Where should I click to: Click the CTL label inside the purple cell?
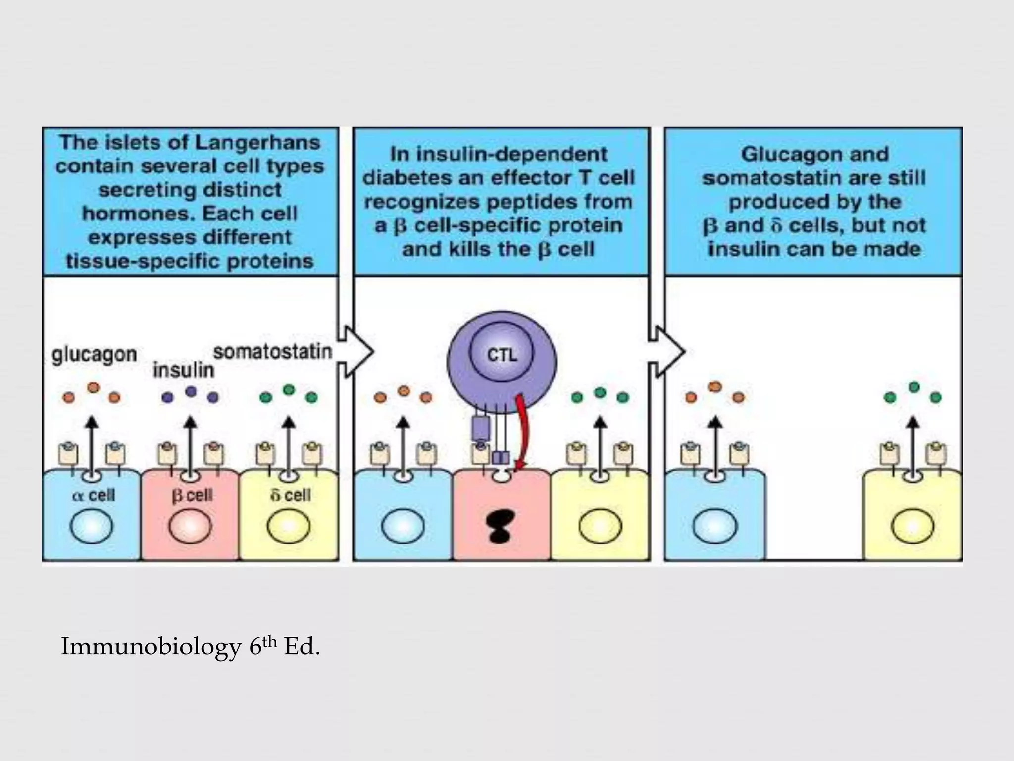502,355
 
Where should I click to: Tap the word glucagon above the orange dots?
94,355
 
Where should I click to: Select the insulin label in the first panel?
183,370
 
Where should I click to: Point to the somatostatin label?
272,352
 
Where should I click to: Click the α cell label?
94,495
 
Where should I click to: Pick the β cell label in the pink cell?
192,495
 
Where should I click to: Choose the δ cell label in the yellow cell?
291,495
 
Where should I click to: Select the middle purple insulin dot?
191,392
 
